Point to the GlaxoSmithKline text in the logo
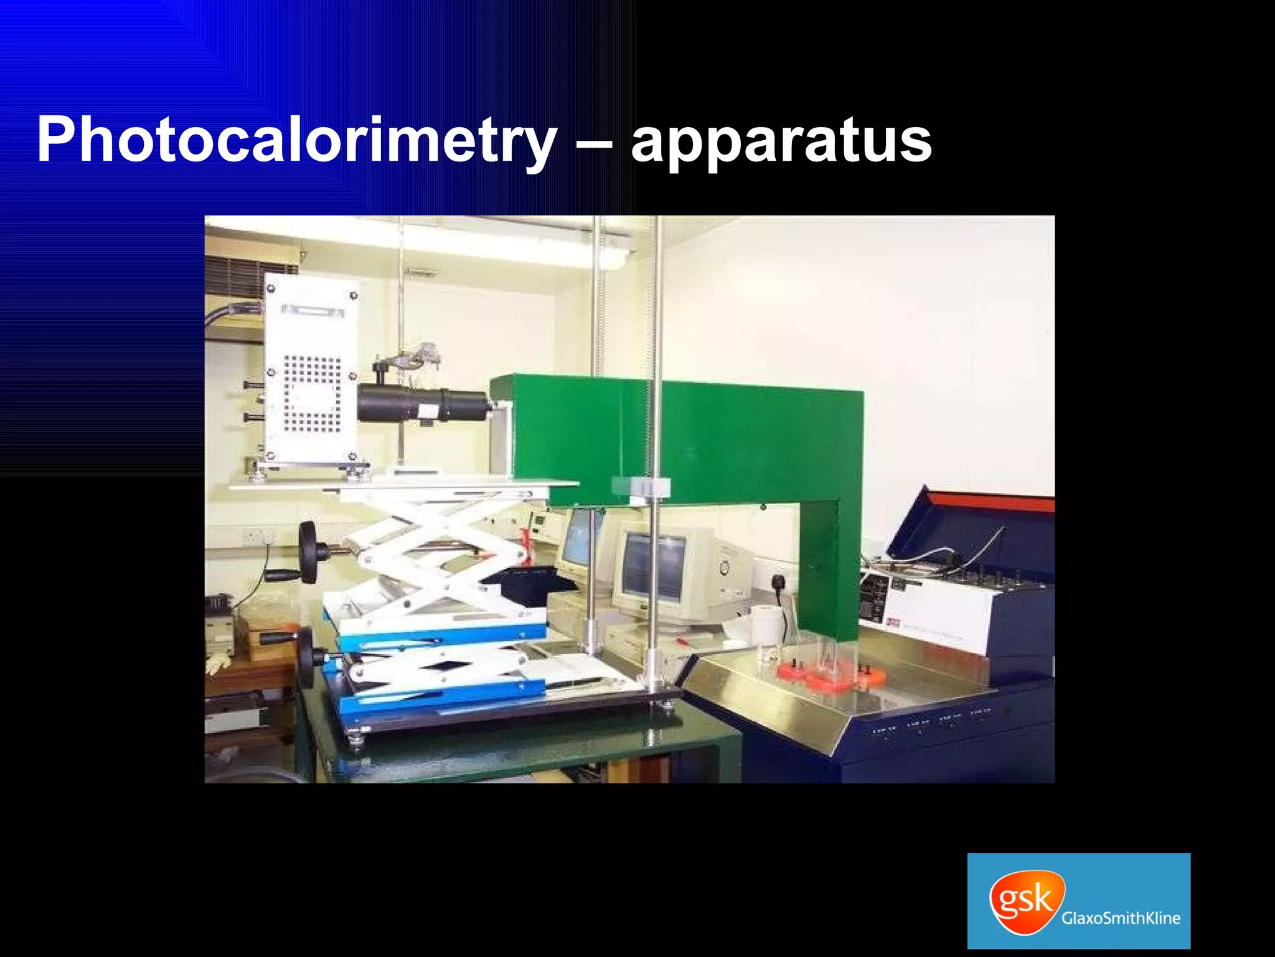pos(1121,918)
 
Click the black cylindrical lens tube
pos(423,403)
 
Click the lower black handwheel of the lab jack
pos(306,657)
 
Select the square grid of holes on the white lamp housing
pos(313,394)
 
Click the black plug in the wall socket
pos(778,584)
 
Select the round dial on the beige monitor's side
pos(724,567)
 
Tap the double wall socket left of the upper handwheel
pos(258,536)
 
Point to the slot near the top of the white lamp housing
pos(313,310)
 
